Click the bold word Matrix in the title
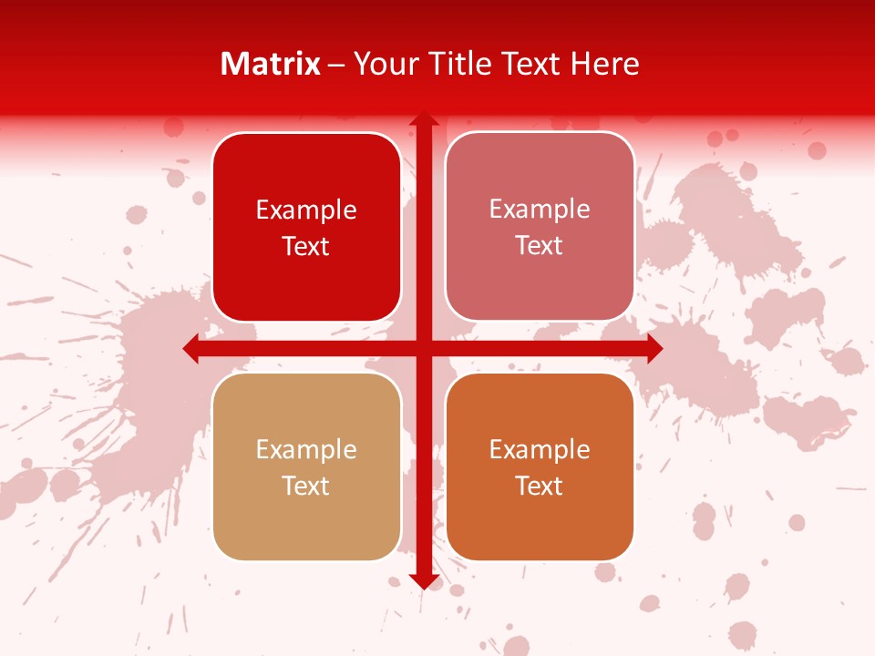(271, 64)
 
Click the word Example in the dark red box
(306, 210)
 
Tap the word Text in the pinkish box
(540, 246)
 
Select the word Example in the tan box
(306, 450)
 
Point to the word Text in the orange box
(540, 487)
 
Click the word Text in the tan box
(306, 487)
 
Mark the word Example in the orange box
(540, 450)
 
